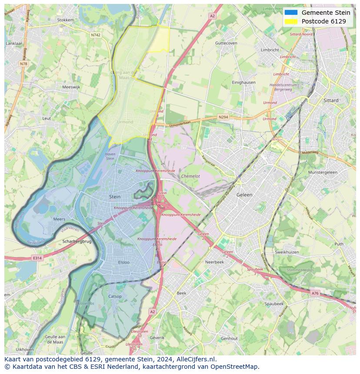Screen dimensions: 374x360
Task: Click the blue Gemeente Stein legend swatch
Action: pos(291,13)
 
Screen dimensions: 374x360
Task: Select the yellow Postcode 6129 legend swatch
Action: pos(291,21)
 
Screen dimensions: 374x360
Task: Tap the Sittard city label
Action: pos(331,100)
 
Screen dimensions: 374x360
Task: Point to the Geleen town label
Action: pos(244,195)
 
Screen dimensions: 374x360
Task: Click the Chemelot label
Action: pos(190,176)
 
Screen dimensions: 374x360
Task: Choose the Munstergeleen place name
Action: pos(323,172)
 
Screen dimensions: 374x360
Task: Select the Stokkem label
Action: pos(66,20)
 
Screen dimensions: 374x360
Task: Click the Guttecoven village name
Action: pos(226,43)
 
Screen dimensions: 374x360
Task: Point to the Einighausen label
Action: pos(243,82)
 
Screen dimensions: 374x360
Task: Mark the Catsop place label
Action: pos(115,297)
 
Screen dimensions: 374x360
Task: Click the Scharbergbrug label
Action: pos(77,241)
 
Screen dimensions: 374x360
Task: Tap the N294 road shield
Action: pos(223,117)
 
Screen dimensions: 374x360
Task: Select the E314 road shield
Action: pos(37,258)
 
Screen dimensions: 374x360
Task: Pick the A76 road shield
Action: pos(315,294)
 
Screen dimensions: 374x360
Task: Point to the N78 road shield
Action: pos(23,64)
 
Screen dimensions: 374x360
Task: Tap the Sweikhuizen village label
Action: pos(287,252)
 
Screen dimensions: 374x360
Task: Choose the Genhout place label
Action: pos(229,338)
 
